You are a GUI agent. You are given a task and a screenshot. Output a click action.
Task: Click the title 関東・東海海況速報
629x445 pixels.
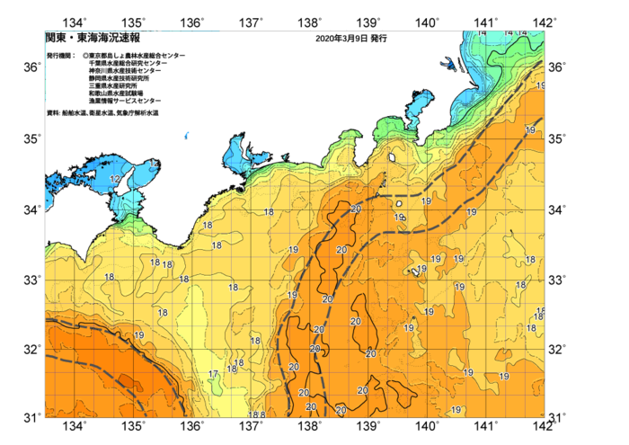pyautogui.click(x=93, y=39)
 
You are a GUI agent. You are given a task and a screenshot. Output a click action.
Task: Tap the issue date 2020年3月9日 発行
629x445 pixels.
pyautogui.click(x=351, y=39)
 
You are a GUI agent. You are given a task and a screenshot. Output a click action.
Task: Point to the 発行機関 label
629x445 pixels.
pyautogui.click(x=61, y=56)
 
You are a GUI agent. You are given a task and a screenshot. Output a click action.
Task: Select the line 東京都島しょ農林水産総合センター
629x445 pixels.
pyautogui.click(x=137, y=56)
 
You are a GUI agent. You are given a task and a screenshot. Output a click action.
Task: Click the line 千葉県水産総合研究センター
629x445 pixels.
pyautogui.click(x=128, y=63)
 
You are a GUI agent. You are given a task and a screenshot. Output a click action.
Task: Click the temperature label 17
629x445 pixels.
pyautogui.click(x=213, y=374)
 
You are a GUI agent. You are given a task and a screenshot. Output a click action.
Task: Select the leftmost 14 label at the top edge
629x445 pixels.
pyautogui.click(x=483, y=33)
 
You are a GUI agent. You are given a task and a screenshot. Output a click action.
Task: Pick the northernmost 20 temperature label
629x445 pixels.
pyautogui.click(x=356, y=209)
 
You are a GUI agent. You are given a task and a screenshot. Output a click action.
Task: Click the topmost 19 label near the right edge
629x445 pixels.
pyautogui.click(x=540, y=85)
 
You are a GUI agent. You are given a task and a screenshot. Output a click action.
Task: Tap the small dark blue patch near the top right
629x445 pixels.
pyautogui.click(x=447, y=64)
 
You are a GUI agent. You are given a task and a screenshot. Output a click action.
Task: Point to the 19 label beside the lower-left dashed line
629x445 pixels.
pyautogui.click(x=138, y=335)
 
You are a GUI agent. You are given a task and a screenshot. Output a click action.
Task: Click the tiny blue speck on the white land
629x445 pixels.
pyautogui.click(x=186, y=136)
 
